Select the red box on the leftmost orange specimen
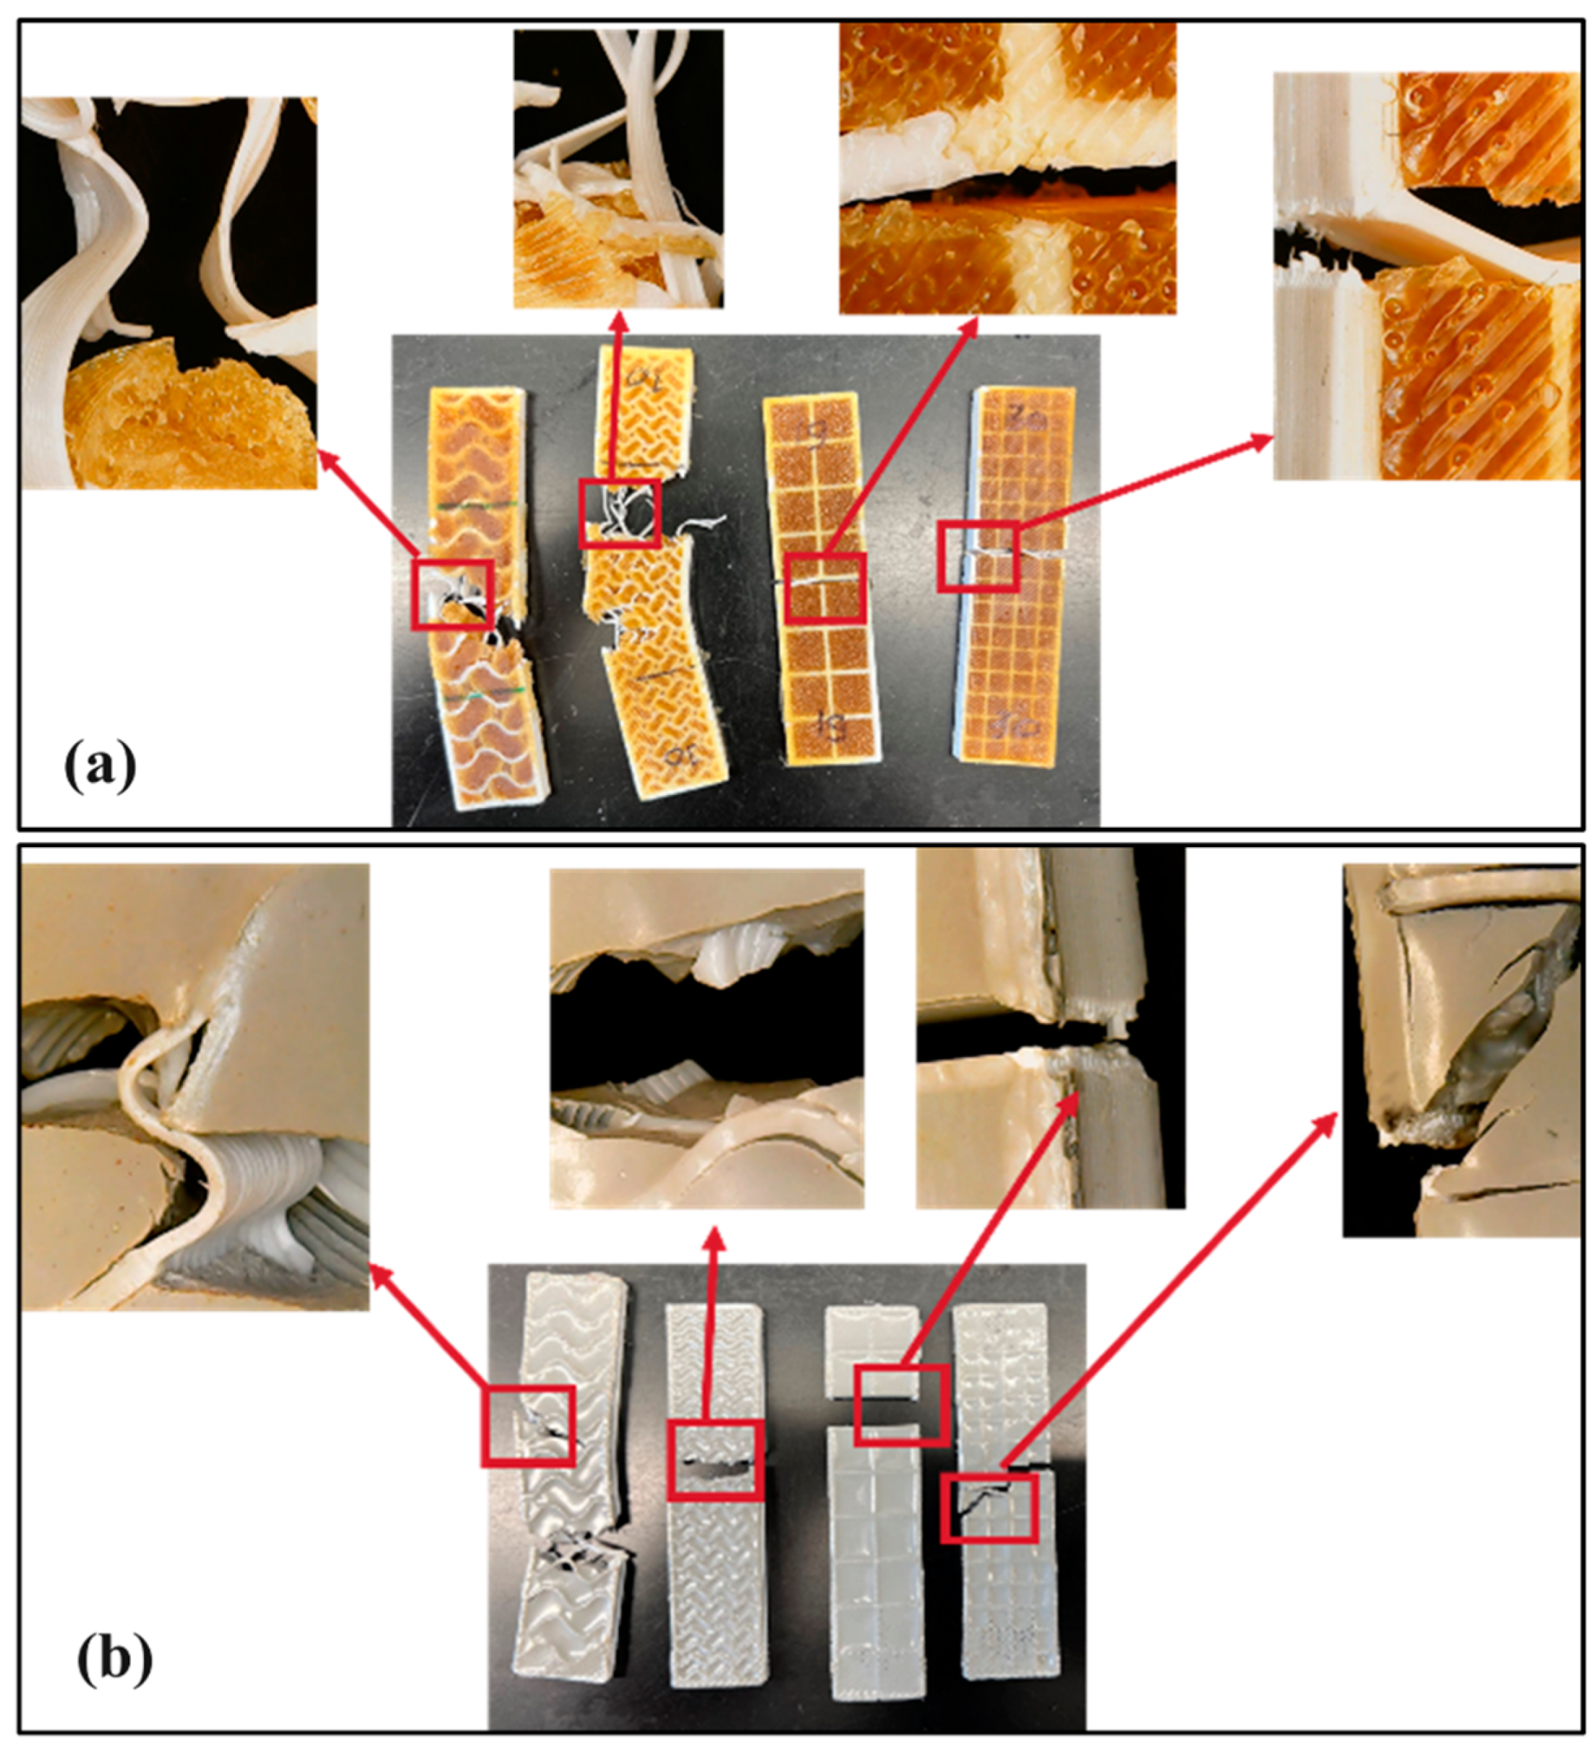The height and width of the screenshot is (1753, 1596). pyautogui.click(x=452, y=594)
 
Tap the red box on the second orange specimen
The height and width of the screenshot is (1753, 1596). pyautogui.click(x=620, y=513)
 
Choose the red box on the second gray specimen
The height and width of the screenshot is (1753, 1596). pyautogui.click(x=715, y=1460)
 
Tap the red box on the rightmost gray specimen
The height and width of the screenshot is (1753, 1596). pyautogui.click(x=990, y=1508)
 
